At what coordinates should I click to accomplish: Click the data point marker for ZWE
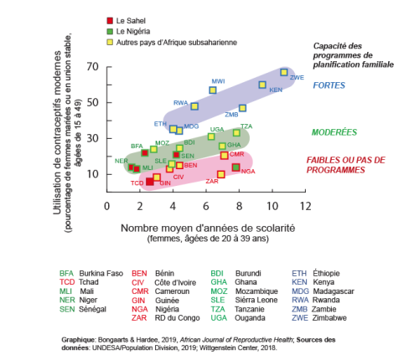pyautogui.click(x=284, y=73)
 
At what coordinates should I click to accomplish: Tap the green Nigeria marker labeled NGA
pyautogui.click(x=235, y=168)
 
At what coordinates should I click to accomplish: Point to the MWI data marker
pyautogui.click(x=213, y=90)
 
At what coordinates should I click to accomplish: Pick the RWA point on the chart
pyautogui.click(x=194, y=106)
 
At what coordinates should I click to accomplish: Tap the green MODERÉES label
pyautogui.click(x=334, y=132)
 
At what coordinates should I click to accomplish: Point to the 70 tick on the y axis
pyautogui.click(x=92, y=67)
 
